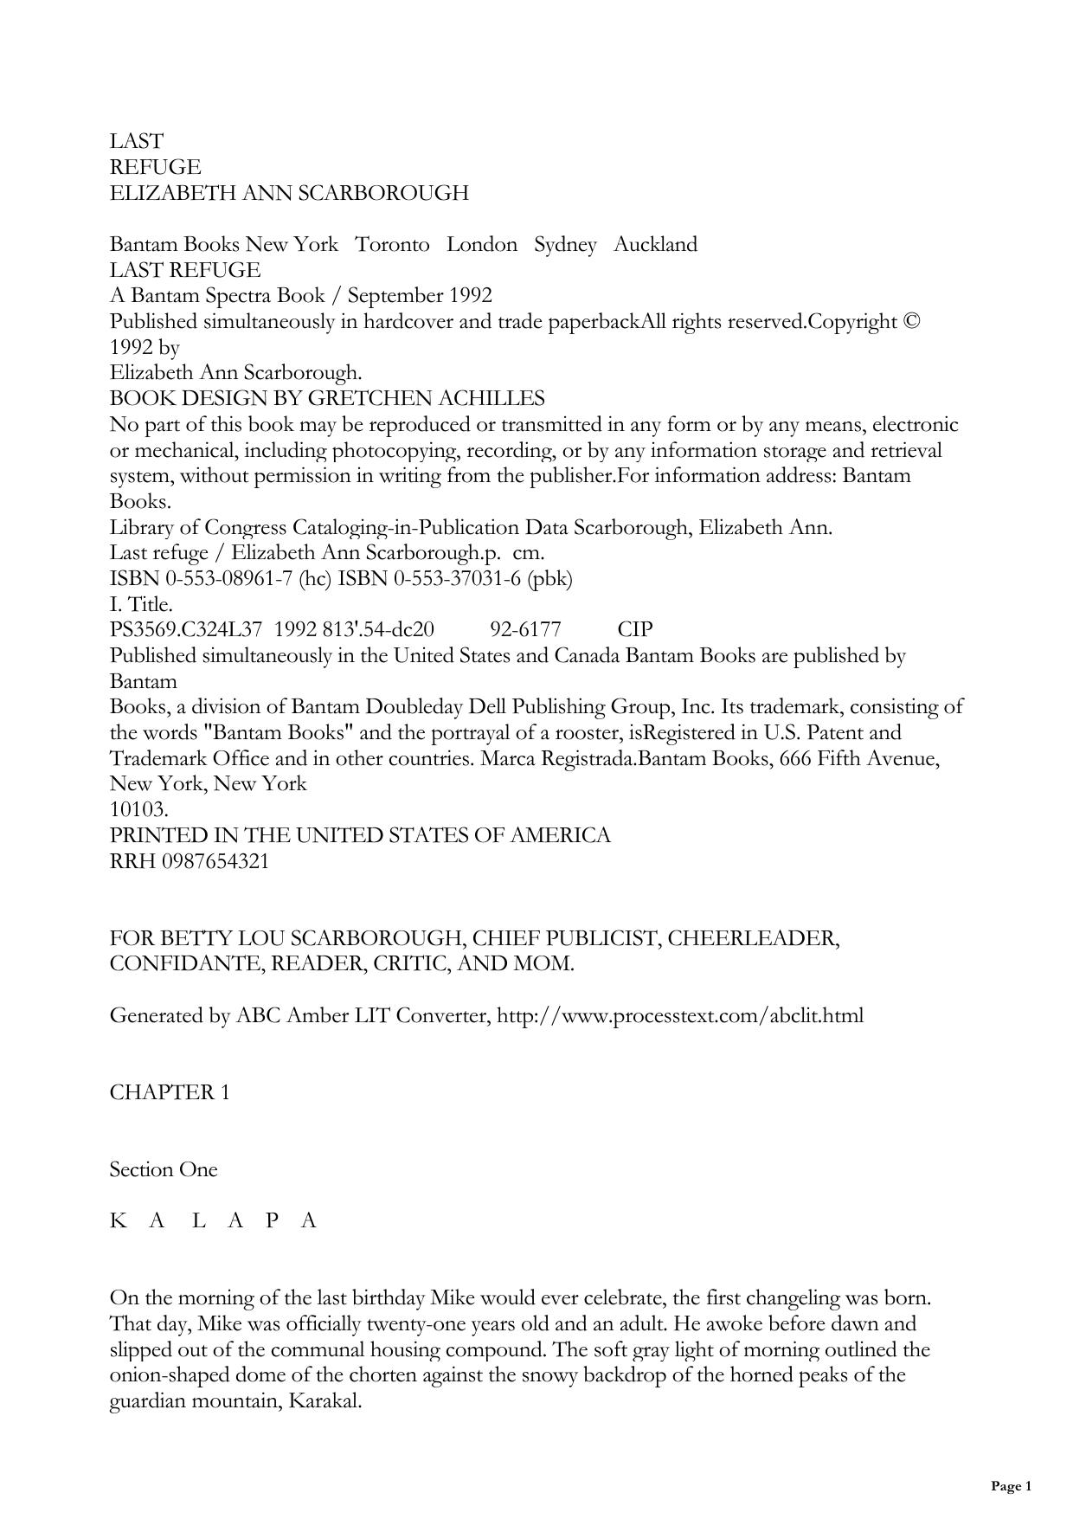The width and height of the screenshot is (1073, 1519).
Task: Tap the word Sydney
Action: (565, 245)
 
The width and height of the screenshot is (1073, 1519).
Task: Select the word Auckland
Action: (655, 245)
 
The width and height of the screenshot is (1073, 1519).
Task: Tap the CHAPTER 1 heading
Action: (170, 1092)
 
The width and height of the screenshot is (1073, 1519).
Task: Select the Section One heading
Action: (164, 1169)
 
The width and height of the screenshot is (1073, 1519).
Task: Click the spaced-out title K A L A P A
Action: (214, 1220)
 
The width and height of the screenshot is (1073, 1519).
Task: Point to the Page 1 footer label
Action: (1011, 1486)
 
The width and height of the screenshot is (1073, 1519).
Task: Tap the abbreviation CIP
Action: (635, 630)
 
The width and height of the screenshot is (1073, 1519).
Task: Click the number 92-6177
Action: (525, 630)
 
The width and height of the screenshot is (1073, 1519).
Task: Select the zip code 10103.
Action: (138, 810)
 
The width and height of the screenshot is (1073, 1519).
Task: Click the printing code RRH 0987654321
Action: (190, 861)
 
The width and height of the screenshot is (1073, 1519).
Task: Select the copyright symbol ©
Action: (910, 322)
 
